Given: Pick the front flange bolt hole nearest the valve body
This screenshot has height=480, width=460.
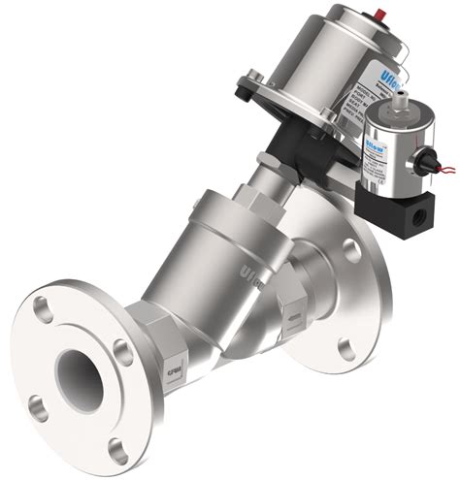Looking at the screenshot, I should pyautogui.click(x=122, y=346).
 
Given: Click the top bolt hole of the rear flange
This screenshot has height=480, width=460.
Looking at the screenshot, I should pyautogui.click(x=352, y=249).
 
